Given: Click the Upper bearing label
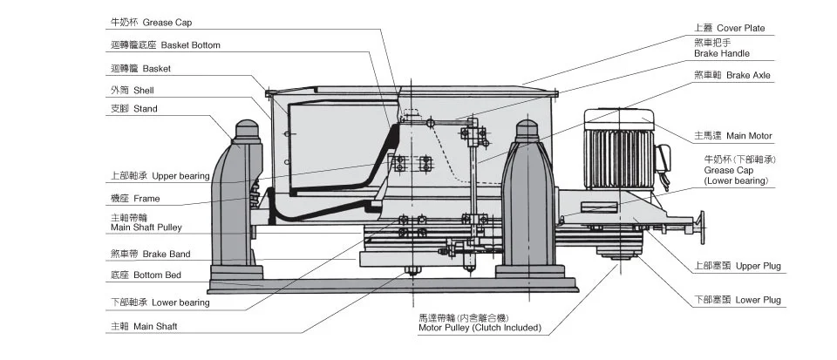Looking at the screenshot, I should [x=160, y=176].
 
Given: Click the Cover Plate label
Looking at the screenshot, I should [x=730, y=28].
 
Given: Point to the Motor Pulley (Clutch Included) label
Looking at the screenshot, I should [x=480, y=323].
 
